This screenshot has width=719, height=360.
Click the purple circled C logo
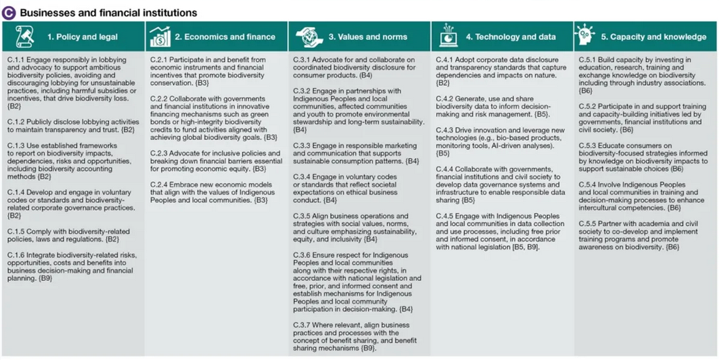(x=9, y=12)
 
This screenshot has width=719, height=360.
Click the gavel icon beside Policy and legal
(x=24, y=37)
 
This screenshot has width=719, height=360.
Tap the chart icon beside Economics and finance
(x=160, y=37)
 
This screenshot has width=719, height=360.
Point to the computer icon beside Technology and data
(x=448, y=37)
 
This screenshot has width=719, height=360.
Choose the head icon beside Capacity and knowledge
(x=585, y=37)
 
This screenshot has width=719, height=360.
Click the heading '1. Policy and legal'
(x=83, y=37)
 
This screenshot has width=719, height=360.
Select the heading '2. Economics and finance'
(x=225, y=37)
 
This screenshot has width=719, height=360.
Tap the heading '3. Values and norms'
(x=368, y=37)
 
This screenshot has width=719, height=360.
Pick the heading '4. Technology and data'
(x=510, y=37)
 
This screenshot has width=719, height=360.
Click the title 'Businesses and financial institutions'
(x=108, y=12)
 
